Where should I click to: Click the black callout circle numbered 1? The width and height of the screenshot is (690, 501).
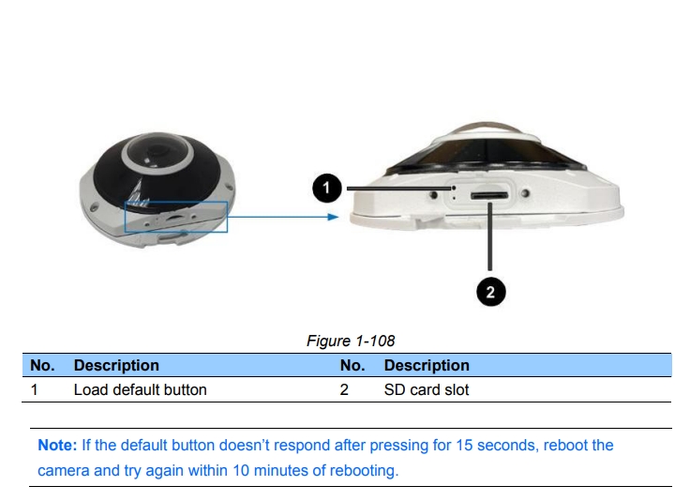point(325,190)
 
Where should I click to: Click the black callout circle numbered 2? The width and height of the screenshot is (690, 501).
point(489,293)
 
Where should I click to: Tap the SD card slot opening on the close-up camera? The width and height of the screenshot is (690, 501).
point(489,195)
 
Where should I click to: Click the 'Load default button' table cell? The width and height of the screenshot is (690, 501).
point(140,389)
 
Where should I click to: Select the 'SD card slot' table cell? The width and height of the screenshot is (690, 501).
point(427,389)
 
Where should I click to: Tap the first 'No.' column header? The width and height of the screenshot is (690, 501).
point(42,365)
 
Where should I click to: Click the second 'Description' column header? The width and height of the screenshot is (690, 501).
point(427,365)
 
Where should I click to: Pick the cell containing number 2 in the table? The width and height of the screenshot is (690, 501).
point(344,389)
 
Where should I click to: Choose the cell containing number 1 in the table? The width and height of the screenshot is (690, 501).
point(34,389)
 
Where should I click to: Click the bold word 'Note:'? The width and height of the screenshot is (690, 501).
point(56,445)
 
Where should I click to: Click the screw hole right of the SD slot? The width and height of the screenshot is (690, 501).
point(525,194)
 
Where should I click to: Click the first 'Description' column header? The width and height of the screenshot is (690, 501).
point(116,365)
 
